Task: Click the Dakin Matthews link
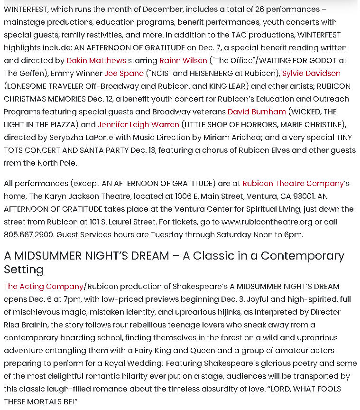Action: click(96, 60)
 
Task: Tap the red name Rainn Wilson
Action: click(183, 60)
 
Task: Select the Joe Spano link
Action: click(124, 73)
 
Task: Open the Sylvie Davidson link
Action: click(311, 73)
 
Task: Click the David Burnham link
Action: click(257, 112)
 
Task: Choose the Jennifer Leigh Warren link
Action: click(138, 124)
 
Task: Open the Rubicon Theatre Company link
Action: click(293, 183)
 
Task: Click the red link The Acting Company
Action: click(44, 286)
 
